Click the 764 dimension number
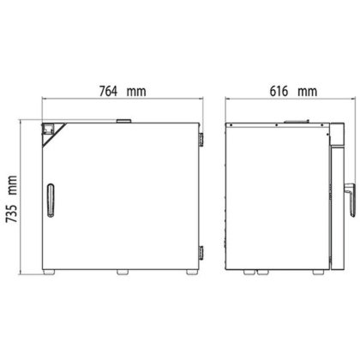click(108, 92)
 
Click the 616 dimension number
click(279, 92)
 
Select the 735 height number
click(12, 213)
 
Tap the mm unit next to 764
click(136, 92)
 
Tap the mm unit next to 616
click(308, 92)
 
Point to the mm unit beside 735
click(13, 185)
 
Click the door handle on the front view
click(51, 201)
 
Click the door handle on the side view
click(351, 200)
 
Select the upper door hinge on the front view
click(201, 140)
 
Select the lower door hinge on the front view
click(201, 253)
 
